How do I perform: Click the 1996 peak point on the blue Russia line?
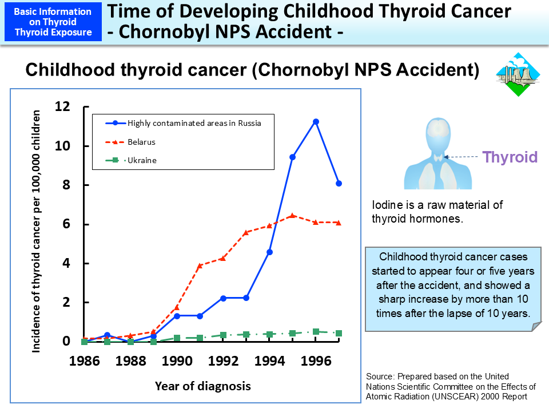(316, 121)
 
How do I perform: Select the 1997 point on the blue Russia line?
(339, 183)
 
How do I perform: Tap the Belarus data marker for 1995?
(292, 216)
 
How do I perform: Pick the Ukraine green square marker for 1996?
(316, 331)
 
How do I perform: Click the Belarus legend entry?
(141, 142)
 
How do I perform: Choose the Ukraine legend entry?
(142, 160)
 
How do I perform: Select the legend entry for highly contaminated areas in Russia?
(194, 123)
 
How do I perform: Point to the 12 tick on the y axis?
(62, 106)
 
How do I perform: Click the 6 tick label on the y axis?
(66, 224)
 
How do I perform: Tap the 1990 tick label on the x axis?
(177, 362)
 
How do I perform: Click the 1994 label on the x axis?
(269, 362)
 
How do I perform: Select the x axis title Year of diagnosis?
(202, 386)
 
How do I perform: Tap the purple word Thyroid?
(510, 157)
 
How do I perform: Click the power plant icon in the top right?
(518, 74)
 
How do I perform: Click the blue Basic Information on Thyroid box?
(53, 22)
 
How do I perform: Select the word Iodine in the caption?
(386, 205)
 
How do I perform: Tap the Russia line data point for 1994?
(269, 252)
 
